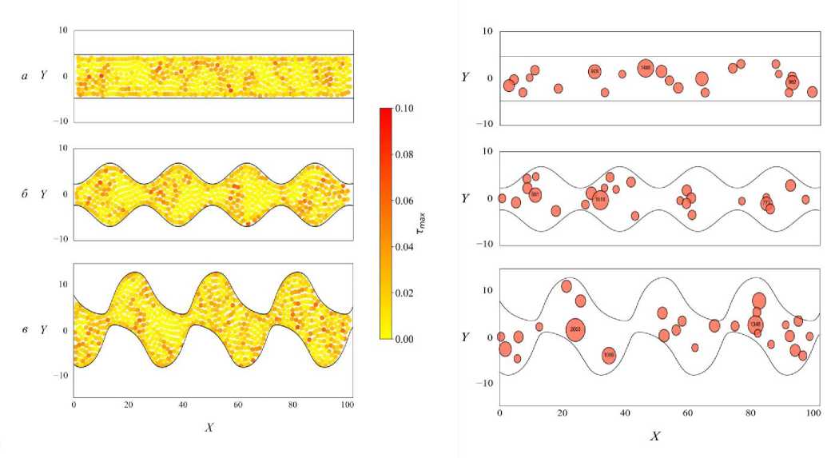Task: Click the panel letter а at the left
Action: [26, 76]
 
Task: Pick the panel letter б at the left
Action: [26, 193]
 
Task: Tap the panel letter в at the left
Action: [26, 329]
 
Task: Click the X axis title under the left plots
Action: [209, 428]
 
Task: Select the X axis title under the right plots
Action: [655, 436]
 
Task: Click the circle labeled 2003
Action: [576, 329]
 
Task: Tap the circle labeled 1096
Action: [609, 355]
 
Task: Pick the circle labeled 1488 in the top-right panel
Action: [646, 69]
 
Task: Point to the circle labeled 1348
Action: [755, 324]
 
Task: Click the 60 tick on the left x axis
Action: [238, 405]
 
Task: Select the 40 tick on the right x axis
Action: [625, 413]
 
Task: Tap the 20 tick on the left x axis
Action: [129, 405]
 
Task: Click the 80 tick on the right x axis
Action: [750, 413]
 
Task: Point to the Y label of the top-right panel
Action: [465, 77]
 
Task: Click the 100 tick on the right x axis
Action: [813, 413]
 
